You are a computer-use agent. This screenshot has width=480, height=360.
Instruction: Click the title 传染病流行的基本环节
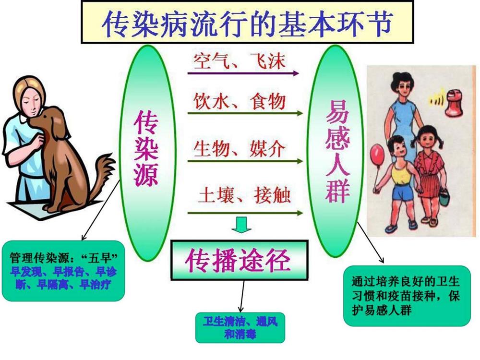pos(247,23)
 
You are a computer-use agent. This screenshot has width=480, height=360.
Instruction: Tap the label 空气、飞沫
pos(239,61)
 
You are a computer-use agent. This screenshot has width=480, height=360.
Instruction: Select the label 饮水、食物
pos(240,101)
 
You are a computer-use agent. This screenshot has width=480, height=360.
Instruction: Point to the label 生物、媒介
pos(240,149)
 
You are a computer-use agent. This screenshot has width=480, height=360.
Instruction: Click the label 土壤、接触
pos(244,195)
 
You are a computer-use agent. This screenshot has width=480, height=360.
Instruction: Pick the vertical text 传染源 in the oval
pos(146,148)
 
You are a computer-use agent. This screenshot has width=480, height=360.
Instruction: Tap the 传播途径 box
pos(240,260)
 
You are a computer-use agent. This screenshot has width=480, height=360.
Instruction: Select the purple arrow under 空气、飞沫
pos(243,73)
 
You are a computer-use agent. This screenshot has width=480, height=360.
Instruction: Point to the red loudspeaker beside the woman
pos(454,103)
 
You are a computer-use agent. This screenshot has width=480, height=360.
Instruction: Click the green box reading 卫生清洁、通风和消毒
pos(240,327)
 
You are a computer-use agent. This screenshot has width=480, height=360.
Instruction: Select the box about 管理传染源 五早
pos(63,271)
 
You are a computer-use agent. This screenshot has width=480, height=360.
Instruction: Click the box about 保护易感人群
pos(407,296)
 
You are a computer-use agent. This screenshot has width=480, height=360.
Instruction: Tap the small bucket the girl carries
pos(444,198)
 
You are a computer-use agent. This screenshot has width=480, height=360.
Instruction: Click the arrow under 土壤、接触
pos(245,213)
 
